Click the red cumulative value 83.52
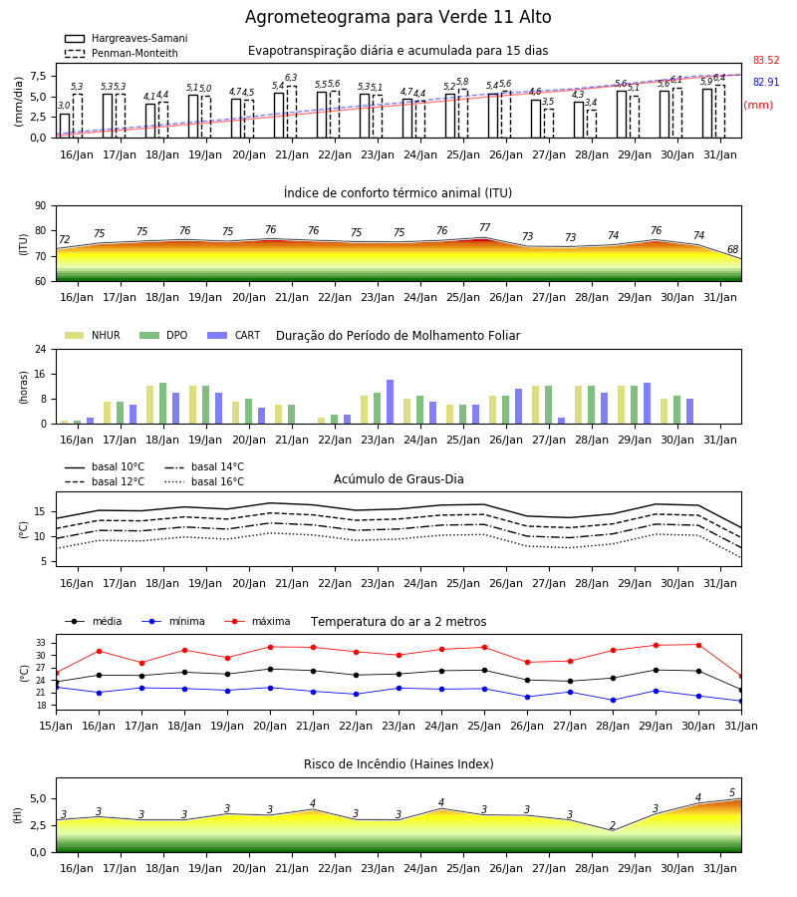click(x=766, y=60)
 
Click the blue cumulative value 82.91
click(x=766, y=82)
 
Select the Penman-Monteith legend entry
click(x=122, y=53)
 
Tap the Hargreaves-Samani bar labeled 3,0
click(x=65, y=126)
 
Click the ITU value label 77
click(x=485, y=227)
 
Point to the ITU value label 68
click(x=732, y=249)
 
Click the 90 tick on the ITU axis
click(x=41, y=206)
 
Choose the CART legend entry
click(x=234, y=335)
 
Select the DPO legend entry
click(x=163, y=335)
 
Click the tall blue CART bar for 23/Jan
click(x=390, y=402)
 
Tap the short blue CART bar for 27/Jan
click(x=562, y=421)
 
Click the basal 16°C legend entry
click(x=204, y=481)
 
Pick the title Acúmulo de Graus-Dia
click(x=398, y=479)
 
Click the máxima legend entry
click(x=257, y=621)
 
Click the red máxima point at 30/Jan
click(x=698, y=645)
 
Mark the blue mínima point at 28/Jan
click(x=613, y=701)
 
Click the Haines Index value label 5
click(x=732, y=793)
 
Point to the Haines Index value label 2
click(x=613, y=825)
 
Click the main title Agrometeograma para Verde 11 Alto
click(x=398, y=17)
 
